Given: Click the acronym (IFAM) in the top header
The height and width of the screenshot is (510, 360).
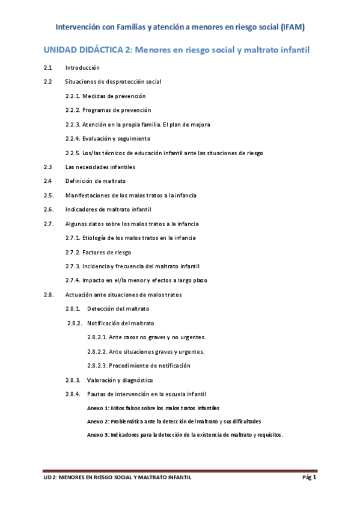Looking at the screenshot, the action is (290, 27).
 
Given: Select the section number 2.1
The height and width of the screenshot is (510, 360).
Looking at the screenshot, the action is (48, 68).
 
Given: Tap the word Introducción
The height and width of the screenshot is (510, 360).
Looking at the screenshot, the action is (82, 68).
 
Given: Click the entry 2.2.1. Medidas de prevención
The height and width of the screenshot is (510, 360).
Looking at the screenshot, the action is (105, 96).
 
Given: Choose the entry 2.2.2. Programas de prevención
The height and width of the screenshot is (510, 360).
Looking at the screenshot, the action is (108, 110).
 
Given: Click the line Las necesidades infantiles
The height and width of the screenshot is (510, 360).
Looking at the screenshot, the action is (100, 167).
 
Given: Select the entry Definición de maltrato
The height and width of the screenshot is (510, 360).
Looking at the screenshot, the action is (96, 181).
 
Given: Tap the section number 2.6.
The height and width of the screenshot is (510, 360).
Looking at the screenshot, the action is (49, 209).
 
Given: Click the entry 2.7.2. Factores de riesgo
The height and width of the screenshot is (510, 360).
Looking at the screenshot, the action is (98, 252).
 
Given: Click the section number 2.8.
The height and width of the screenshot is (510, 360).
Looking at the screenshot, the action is (49, 295).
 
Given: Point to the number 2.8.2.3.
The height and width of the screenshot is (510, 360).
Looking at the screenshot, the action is (99, 366).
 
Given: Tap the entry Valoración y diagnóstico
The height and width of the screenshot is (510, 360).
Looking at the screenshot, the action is (120, 380).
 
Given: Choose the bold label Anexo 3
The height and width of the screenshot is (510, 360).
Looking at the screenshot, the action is (99, 434).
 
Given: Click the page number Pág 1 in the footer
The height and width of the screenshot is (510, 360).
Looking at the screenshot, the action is (309, 478).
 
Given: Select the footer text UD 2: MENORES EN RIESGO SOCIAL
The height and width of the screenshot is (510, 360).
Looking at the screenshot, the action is (90, 478).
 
